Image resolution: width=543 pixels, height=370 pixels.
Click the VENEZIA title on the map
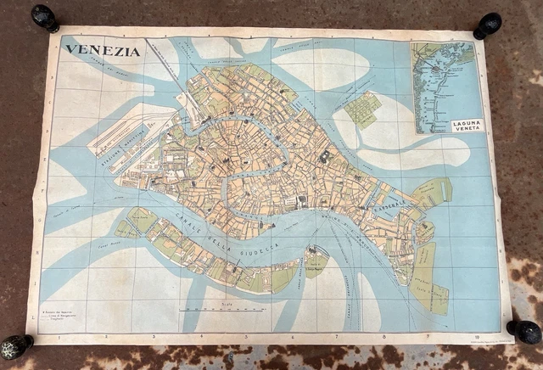103,50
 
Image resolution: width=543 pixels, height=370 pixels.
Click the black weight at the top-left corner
45,18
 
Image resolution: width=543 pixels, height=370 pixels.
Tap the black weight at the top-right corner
488,25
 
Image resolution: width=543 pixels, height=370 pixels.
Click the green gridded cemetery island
362,109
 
